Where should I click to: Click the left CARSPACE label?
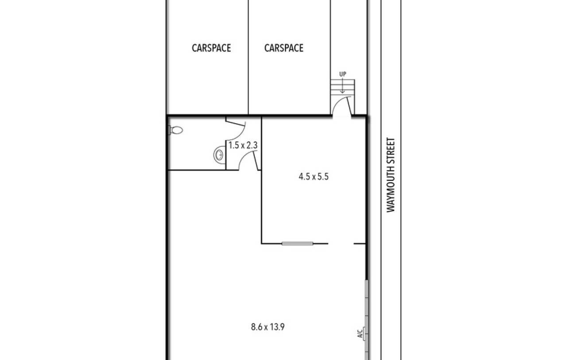click(211, 48)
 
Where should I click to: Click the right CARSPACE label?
click(284, 48)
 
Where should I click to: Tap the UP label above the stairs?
click(343, 74)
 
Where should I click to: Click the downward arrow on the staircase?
click(342, 86)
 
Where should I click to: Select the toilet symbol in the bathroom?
click(176, 130)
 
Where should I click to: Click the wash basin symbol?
click(219, 155)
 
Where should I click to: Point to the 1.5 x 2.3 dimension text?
click(243, 145)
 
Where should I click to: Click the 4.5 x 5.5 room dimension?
click(314, 176)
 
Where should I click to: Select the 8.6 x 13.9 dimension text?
click(268, 327)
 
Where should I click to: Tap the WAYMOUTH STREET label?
click(391, 175)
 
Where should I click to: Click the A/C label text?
click(360, 333)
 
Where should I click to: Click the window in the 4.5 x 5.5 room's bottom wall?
click(297, 244)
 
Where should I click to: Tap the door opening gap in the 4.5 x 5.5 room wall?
click(341, 244)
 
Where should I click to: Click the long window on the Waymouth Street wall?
click(366, 320)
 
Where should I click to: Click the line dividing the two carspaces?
click(249, 57)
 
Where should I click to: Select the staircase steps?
click(343, 87)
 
